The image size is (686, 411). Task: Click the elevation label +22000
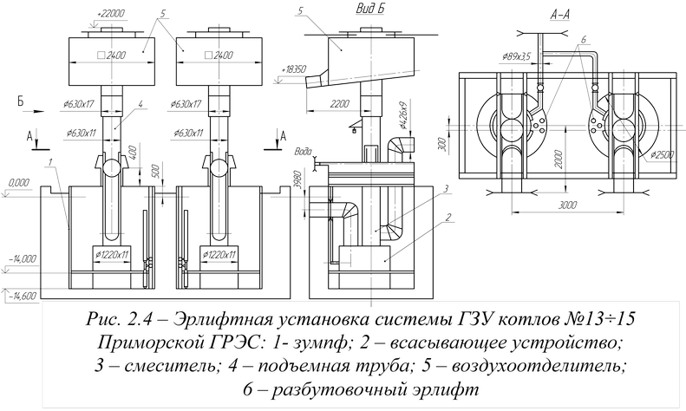tap(113, 13)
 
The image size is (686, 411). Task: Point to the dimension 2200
tap(339, 102)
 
